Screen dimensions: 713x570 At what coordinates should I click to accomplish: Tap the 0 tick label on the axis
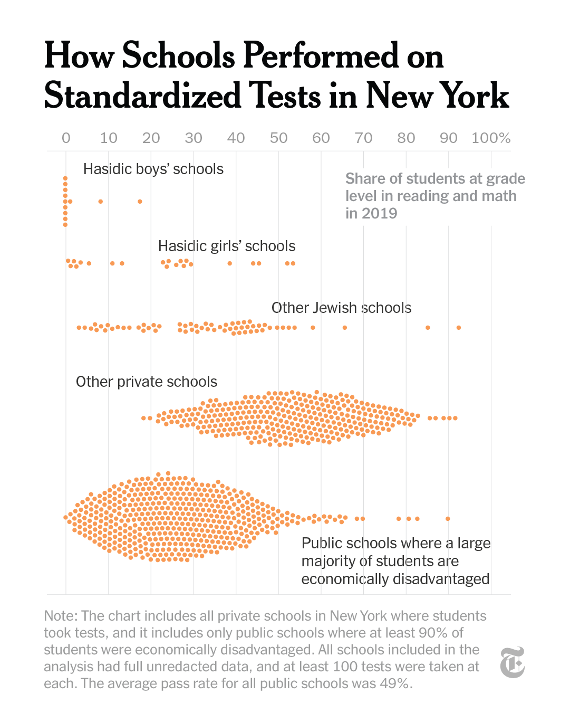66,138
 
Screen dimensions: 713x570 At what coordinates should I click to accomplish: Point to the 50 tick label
278,138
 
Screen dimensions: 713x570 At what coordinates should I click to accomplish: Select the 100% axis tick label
491,138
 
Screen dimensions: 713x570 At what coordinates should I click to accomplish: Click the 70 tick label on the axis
363,138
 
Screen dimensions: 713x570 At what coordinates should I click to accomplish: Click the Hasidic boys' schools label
153,169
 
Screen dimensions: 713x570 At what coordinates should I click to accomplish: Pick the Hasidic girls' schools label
227,246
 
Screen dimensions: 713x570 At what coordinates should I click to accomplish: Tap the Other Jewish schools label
341,308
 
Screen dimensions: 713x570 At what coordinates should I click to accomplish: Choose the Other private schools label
147,382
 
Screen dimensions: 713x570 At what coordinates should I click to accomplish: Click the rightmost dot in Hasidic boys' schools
140,202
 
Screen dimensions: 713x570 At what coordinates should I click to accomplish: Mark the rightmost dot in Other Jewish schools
459,328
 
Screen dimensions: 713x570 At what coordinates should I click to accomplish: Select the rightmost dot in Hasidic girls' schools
293,263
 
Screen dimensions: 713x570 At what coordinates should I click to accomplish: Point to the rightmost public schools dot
448,519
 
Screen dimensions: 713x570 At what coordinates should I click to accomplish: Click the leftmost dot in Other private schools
143,418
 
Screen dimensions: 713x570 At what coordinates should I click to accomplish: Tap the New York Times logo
512,662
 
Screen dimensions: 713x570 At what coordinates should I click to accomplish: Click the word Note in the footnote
60,616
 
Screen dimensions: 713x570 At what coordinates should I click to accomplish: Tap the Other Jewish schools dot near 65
345,328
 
